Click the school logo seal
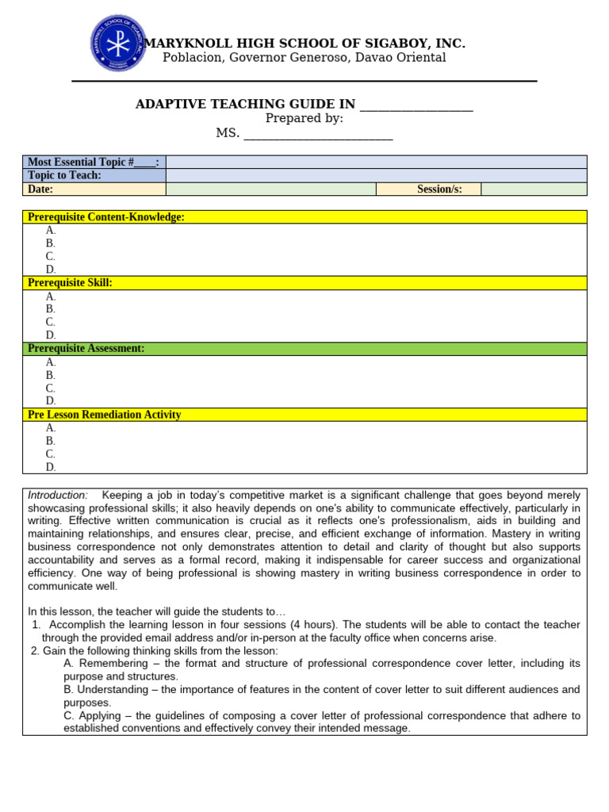[117, 44]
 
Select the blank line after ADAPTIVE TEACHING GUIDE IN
[416, 106]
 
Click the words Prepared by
[304, 119]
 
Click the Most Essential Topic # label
[94, 162]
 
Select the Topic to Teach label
[64, 175]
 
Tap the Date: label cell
[40, 189]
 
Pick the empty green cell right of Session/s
[534, 189]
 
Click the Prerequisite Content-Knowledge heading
[106, 217]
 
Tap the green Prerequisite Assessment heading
[86, 349]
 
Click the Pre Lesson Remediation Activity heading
[105, 415]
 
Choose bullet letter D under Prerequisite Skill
[51, 335]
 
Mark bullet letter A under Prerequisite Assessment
[51, 362]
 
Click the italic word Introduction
[58, 495]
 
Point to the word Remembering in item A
[110, 664]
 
